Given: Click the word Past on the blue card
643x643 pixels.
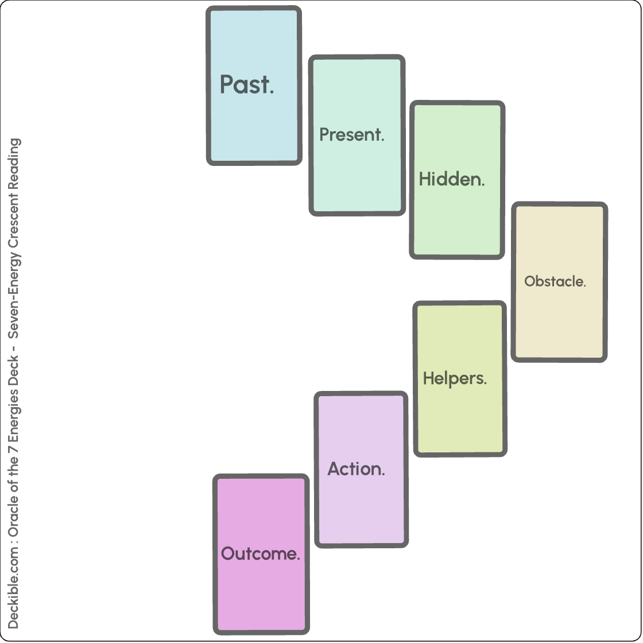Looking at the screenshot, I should (x=247, y=85).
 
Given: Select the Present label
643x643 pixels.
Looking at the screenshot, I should (x=351, y=135).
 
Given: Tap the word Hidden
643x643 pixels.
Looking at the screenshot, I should (x=452, y=179).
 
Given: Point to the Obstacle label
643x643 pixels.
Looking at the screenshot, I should (x=555, y=281).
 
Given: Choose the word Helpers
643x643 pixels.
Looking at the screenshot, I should (x=455, y=378).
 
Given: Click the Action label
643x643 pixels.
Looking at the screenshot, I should (x=356, y=469).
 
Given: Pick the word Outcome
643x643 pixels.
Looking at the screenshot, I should (x=261, y=554).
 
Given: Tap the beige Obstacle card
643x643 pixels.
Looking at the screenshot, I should (x=559, y=321).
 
